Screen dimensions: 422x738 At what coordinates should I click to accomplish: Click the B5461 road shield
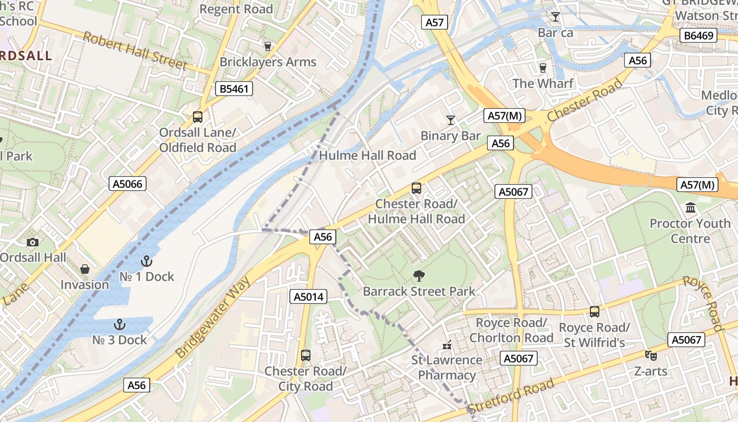click(234, 89)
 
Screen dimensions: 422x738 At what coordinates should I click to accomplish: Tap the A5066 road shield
click(128, 184)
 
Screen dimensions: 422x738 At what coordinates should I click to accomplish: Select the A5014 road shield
click(308, 296)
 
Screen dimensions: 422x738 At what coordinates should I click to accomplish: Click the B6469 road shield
click(698, 36)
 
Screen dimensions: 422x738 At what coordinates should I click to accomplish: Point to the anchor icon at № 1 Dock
click(147, 261)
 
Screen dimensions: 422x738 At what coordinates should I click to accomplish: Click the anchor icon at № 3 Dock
click(120, 324)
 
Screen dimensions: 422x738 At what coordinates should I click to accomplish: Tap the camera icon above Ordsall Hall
click(33, 242)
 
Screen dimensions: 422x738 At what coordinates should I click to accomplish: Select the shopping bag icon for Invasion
click(84, 270)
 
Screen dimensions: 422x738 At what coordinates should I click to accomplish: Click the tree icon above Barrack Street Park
click(419, 275)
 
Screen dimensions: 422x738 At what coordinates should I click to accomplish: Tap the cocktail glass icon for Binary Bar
click(450, 120)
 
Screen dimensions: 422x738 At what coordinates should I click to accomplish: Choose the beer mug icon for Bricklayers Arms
click(267, 46)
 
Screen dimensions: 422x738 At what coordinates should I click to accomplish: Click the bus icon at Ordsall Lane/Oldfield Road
click(198, 117)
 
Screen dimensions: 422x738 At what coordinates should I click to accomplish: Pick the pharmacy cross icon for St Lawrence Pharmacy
click(447, 346)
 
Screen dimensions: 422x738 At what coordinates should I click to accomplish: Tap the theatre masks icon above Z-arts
click(650, 356)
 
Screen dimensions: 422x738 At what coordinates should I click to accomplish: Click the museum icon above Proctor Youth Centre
click(691, 208)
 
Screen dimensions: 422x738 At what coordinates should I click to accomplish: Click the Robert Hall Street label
click(135, 51)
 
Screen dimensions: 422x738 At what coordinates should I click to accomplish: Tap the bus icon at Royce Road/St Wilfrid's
click(595, 312)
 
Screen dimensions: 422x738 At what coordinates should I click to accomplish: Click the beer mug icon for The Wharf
click(543, 68)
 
